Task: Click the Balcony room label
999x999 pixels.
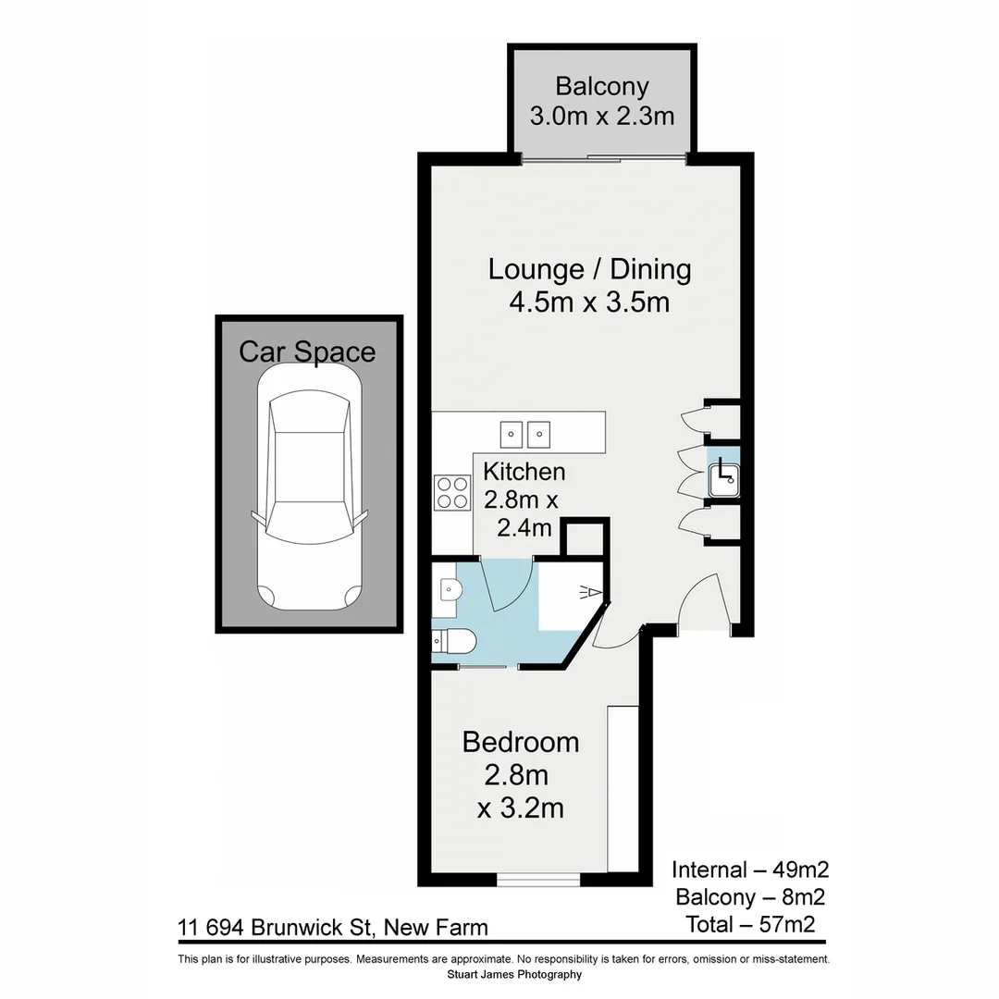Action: point(601,86)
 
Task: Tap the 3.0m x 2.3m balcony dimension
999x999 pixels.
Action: point(601,116)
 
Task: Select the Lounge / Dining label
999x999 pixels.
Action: point(589,269)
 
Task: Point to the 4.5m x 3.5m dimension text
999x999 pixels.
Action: point(589,302)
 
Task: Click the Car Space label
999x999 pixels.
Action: point(307,351)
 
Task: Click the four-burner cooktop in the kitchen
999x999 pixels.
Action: point(452,491)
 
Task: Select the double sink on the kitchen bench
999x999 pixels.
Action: point(525,432)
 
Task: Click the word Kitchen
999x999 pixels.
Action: point(524,471)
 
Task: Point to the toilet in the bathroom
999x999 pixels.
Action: point(455,640)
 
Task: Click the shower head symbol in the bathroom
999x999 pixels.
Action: point(590,592)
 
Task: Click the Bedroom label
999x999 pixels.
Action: point(521,742)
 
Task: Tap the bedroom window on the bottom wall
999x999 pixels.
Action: point(538,879)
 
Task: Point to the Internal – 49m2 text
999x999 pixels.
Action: point(749,869)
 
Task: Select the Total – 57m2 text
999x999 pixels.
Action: point(749,923)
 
